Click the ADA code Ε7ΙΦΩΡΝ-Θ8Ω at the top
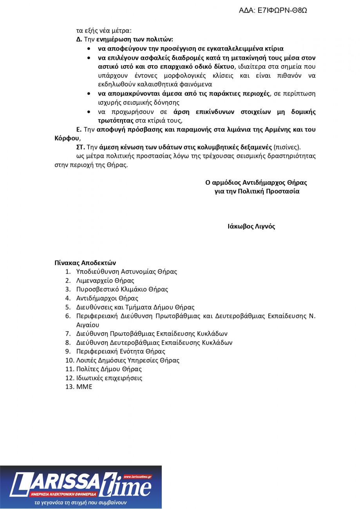(273, 11)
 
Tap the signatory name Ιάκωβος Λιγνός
(251, 226)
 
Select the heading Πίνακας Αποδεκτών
(85, 263)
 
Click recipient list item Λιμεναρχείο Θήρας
(105, 280)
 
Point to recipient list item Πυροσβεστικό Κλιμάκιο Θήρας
(122, 289)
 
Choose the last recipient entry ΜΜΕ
(84, 387)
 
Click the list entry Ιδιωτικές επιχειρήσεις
(109, 378)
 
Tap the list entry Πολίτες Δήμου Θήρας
(109, 369)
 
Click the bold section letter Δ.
(79, 40)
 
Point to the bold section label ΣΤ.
(80, 147)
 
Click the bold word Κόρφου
(67, 138)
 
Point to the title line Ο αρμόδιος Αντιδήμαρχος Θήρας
(256, 182)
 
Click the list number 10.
(69, 360)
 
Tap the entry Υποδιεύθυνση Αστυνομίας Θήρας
(127, 271)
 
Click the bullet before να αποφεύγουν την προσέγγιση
(90, 49)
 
